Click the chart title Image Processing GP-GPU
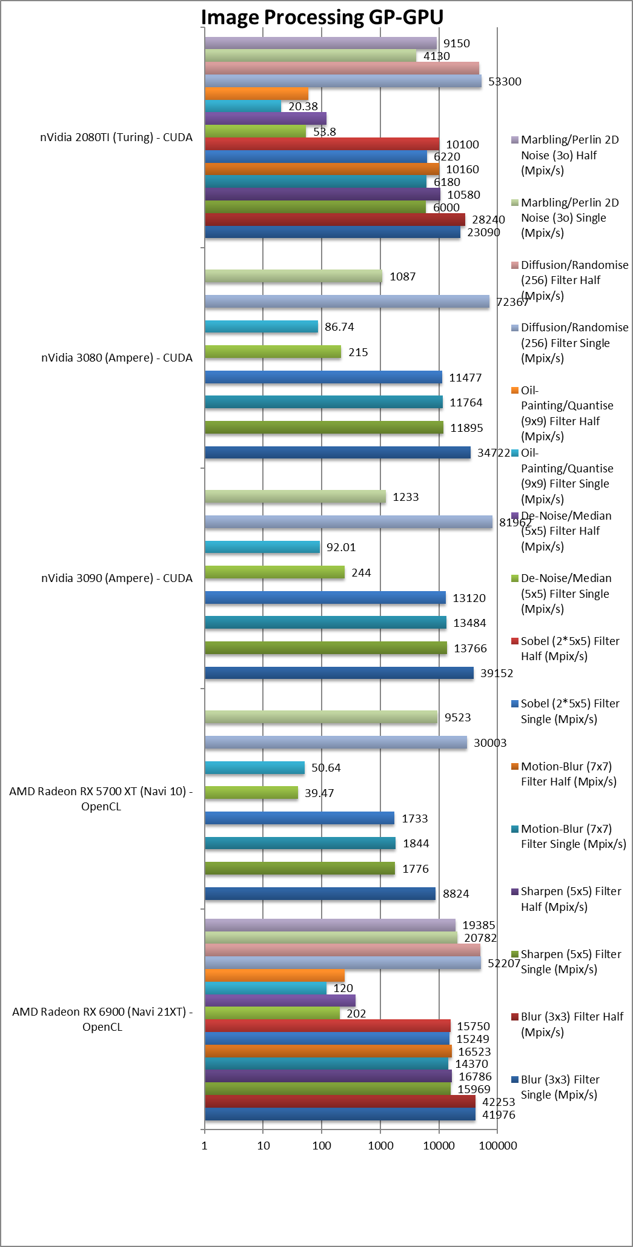(x=322, y=17)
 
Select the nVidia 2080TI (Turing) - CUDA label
(x=116, y=137)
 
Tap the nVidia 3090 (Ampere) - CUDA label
(x=117, y=578)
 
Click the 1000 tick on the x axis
(x=380, y=1145)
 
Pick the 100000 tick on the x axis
(x=498, y=1145)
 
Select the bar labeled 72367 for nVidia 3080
(x=346, y=302)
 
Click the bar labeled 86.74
(x=261, y=327)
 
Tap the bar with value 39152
(x=339, y=673)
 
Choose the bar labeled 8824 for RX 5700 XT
(x=320, y=893)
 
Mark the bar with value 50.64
(x=254, y=768)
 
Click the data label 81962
(x=515, y=522)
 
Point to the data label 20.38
(x=303, y=107)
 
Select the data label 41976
(x=499, y=1114)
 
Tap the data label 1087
(x=402, y=277)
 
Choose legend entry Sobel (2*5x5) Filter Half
(x=569, y=649)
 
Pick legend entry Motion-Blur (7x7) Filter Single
(x=573, y=836)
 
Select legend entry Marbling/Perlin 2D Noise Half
(x=569, y=155)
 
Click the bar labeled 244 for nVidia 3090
(x=274, y=572)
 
